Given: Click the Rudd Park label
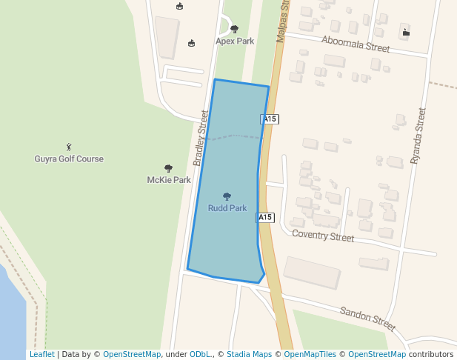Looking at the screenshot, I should tap(227, 208).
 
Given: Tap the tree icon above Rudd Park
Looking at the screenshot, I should tap(227, 197).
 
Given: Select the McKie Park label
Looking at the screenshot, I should tap(169, 180).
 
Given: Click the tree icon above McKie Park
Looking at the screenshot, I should tap(169, 169).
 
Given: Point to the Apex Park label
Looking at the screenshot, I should tap(235, 41).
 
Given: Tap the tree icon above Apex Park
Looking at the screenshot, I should tap(235, 30).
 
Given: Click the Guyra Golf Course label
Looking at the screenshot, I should tap(69, 159).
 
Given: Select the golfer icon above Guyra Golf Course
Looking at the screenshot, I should tap(69, 147).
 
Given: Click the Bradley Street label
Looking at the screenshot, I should tap(200, 139).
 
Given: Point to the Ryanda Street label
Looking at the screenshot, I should tap(418, 136).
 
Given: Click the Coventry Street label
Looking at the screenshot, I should tap(323, 236).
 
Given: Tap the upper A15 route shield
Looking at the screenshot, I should tap(270, 119).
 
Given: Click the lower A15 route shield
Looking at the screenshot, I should tap(265, 218).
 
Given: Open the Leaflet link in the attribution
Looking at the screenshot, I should tap(41, 354).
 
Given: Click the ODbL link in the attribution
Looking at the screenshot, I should tap(201, 354).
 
